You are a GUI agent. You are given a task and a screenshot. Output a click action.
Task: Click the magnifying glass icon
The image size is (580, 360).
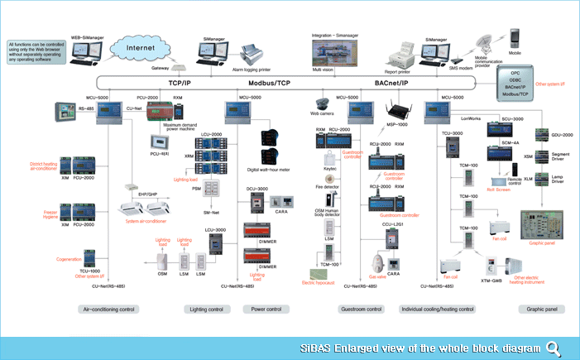553,347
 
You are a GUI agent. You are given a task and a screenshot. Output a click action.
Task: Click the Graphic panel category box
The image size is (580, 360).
542,309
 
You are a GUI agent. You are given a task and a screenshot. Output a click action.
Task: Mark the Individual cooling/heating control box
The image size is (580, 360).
437,309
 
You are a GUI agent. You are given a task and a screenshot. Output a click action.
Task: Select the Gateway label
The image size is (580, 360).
160,69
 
